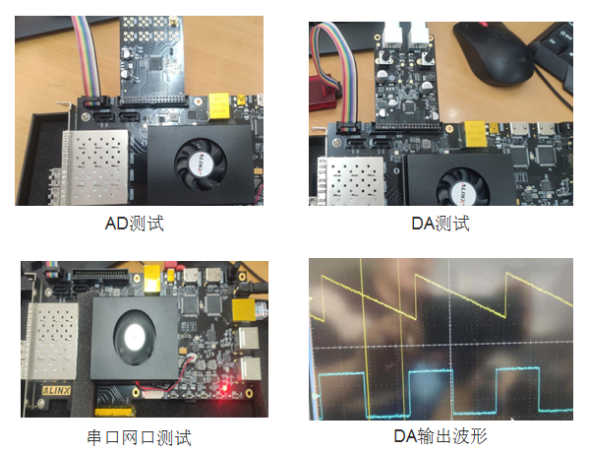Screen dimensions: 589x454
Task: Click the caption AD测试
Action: coord(134,224)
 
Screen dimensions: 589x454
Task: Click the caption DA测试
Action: coord(441,224)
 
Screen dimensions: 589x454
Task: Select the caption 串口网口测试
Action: coord(140,438)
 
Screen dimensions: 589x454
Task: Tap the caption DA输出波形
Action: coord(441,436)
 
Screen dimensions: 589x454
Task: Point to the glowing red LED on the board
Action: coord(225,388)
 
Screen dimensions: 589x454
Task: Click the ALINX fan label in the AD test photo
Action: coord(201,164)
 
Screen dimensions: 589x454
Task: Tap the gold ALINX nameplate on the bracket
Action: coord(56,390)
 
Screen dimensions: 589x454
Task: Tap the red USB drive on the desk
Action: coord(324,93)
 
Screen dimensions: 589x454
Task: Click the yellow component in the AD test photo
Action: coord(219,105)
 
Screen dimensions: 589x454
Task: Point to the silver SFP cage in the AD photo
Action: coord(95,166)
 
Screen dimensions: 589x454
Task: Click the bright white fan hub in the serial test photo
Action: coord(134,337)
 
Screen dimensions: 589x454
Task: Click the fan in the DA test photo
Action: coord(463,187)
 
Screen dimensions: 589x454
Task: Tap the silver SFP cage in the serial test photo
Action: coord(52,341)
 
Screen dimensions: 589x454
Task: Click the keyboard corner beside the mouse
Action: coord(553,52)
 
